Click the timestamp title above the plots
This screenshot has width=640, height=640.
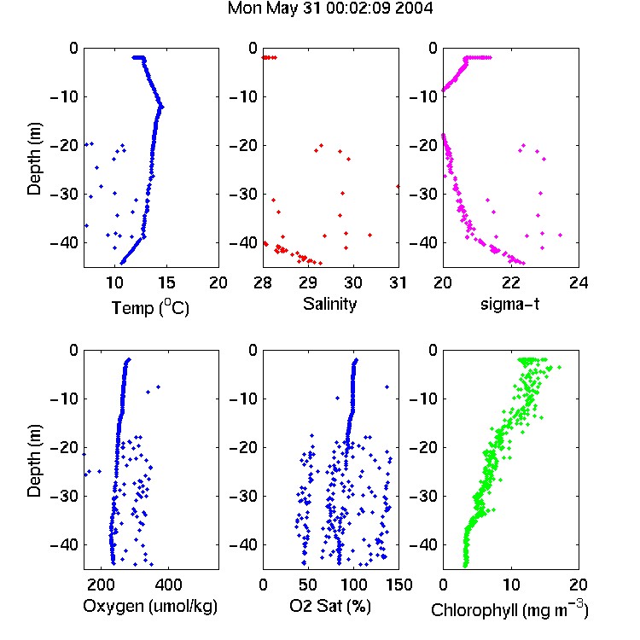(x=329, y=9)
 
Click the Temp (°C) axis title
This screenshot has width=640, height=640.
(x=150, y=308)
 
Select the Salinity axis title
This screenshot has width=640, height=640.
(x=329, y=304)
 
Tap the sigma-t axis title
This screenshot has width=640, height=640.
(x=509, y=304)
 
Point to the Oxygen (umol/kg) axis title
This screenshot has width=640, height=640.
(x=150, y=606)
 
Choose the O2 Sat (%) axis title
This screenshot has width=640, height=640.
(x=329, y=606)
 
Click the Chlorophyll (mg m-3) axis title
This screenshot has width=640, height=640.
(x=509, y=609)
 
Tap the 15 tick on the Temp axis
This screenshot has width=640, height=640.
(x=166, y=282)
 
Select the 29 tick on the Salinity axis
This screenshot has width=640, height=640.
(x=308, y=282)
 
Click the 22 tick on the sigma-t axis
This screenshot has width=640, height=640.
(x=511, y=282)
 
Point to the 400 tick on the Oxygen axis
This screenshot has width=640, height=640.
(x=169, y=585)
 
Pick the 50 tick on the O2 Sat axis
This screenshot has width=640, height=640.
(x=308, y=585)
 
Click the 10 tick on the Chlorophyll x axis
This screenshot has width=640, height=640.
(x=511, y=585)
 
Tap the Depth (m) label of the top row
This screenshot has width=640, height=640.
(x=34, y=159)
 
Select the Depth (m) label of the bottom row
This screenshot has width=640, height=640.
(x=34, y=461)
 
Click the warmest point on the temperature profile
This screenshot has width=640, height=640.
(x=162, y=107)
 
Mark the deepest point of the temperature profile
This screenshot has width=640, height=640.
(x=122, y=263)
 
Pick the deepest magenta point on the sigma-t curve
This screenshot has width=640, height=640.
(x=523, y=264)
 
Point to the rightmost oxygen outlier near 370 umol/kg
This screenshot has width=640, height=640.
(x=159, y=387)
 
